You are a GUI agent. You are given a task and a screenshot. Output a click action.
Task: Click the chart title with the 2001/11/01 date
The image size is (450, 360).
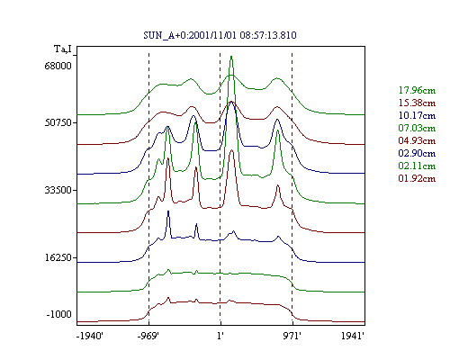click(220, 35)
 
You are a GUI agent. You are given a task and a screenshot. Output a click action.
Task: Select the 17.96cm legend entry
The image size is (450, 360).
click(417, 90)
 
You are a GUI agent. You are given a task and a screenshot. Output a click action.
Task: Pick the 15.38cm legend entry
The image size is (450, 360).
click(417, 103)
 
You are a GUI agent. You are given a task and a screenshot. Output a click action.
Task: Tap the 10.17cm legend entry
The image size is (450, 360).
click(417, 115)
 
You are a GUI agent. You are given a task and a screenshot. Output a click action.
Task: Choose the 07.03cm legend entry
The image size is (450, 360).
click(417, 128)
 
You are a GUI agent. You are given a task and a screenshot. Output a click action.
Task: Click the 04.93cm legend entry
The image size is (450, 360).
click(417, 140)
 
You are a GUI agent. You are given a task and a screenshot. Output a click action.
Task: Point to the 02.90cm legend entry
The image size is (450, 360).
click(417, 153)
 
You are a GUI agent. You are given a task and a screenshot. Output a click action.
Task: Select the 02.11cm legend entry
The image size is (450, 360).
click(417, 166)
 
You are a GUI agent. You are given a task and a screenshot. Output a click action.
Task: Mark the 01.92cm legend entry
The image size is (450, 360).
click(417, 178)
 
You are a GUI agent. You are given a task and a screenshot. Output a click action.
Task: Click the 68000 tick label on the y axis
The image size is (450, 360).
click(58, 66)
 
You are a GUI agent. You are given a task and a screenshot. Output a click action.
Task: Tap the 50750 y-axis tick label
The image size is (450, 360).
click(58, 122)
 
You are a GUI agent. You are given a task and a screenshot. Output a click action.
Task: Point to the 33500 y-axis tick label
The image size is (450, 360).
click(58, 190)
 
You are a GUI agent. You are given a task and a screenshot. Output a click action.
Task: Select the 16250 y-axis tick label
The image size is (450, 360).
click(58, 257)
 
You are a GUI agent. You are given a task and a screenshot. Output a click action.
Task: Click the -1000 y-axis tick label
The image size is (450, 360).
click(58, 314)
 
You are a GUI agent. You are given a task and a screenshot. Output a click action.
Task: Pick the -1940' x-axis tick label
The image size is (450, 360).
click(90, 336)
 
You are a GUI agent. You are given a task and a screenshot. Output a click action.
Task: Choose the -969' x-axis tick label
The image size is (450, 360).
click(148, 336)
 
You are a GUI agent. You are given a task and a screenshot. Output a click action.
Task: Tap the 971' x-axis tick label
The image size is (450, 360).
click(292, 336)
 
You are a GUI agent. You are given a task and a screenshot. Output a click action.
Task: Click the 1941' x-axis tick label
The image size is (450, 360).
click(353, 336)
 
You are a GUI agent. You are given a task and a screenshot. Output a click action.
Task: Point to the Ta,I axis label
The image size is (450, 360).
click(63, 49)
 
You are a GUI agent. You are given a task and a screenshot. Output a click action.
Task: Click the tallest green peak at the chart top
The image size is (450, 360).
click(231, 57)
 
